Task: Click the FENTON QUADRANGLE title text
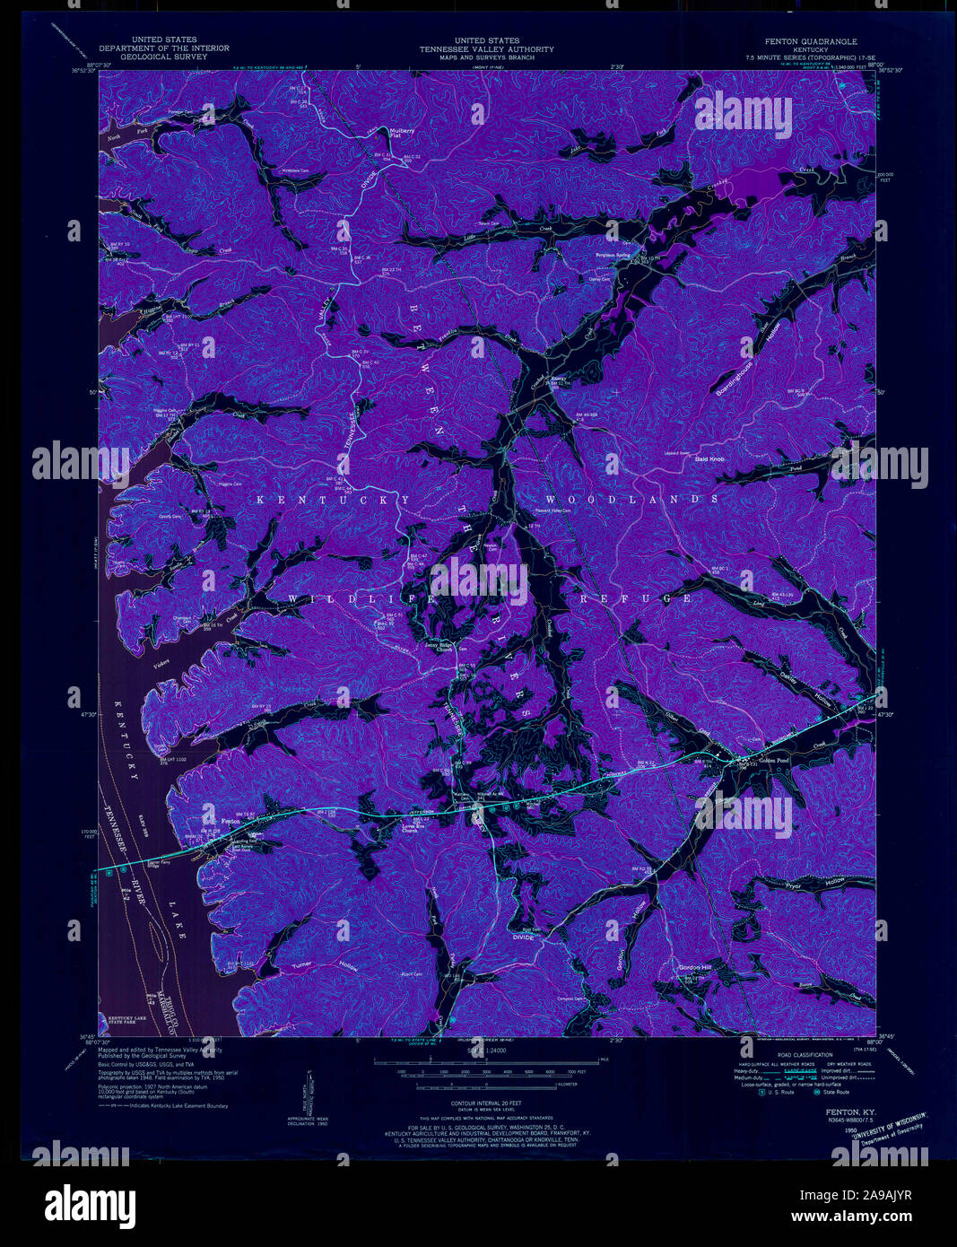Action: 810,41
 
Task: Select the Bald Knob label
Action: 709,458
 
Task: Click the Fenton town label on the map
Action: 231,820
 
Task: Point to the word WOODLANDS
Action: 631,499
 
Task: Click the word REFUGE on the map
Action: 636,598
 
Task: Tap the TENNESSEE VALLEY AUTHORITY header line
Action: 485,49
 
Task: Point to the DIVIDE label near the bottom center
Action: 522,937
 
